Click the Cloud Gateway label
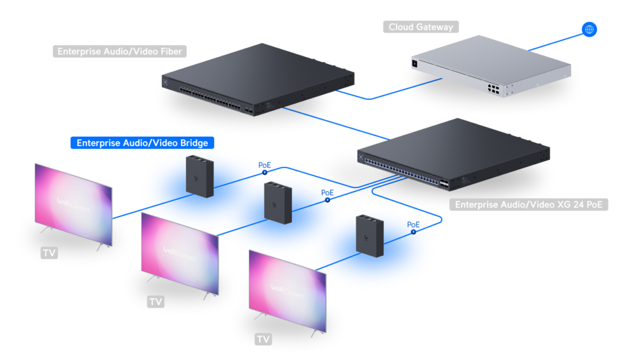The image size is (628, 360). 421,27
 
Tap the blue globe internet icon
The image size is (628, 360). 589,29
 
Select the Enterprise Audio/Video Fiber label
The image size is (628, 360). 120,52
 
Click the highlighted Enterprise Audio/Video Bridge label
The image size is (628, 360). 142,143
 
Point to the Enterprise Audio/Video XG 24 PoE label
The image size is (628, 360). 529,204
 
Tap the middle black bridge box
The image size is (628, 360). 278,202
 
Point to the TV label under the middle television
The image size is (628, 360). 156,302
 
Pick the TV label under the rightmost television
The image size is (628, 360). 263,339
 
